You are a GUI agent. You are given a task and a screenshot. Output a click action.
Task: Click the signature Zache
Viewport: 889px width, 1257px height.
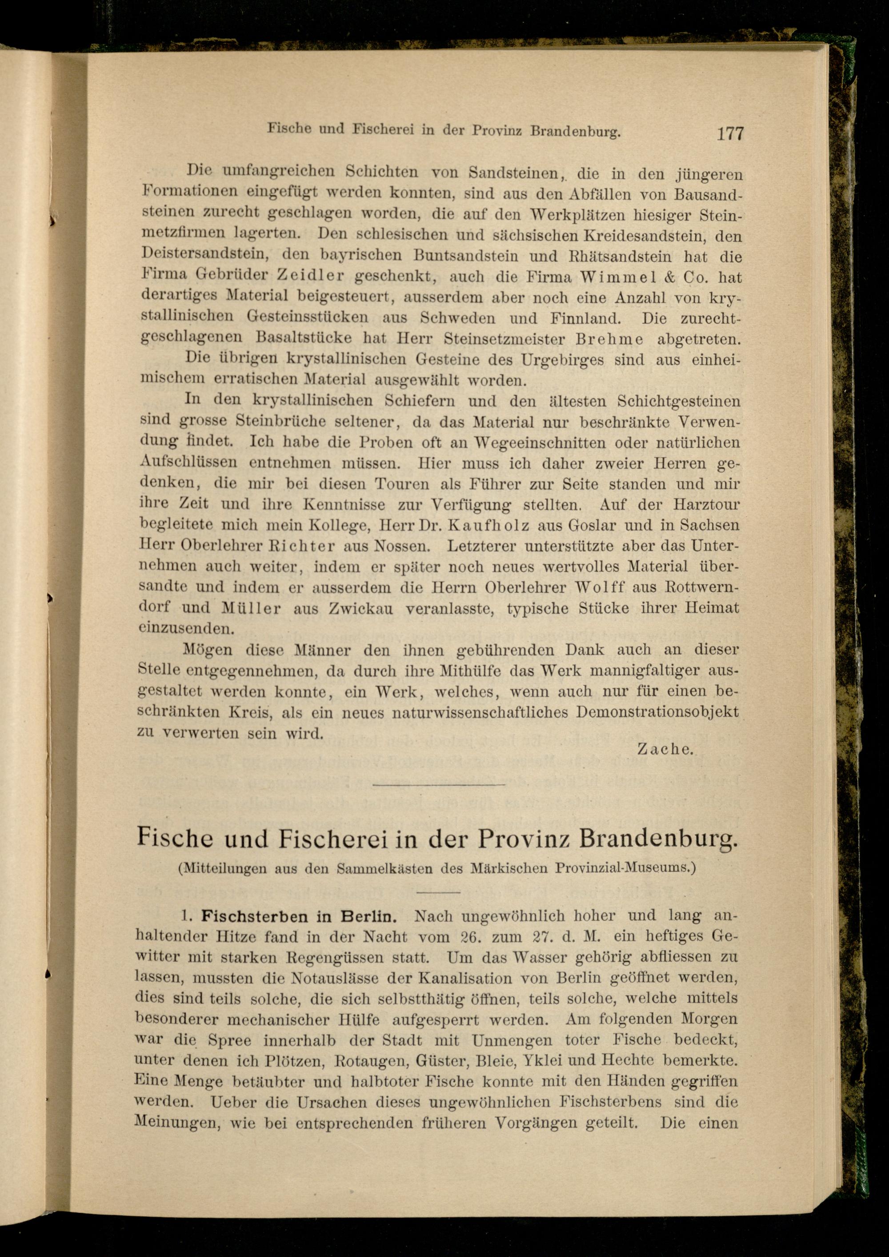(x=665, y=750)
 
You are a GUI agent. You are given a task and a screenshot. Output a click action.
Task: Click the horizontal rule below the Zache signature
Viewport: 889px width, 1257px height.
(x=438, y=786)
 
